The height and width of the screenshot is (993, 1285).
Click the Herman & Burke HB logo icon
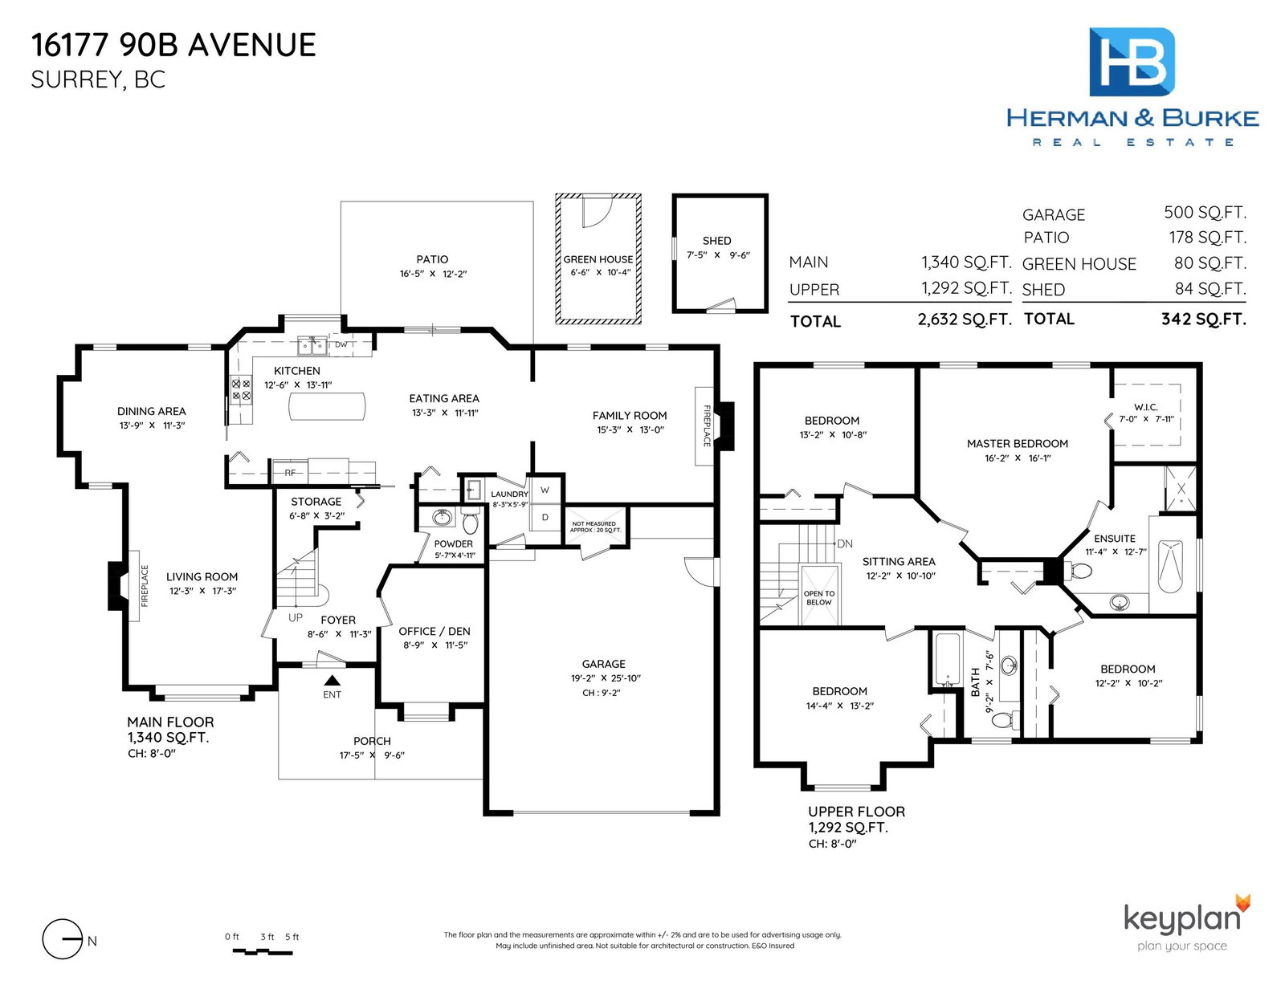point(1132,62)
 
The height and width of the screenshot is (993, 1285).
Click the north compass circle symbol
point(62,939)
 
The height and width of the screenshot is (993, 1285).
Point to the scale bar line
point(262,952)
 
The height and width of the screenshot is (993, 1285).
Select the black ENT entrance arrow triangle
point(332,680)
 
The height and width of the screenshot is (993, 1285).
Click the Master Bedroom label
point(1017,444)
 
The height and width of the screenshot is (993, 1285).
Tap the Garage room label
point(603,664)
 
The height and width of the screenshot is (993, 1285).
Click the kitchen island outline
point(327,407)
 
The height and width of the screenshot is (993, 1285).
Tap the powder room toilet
point(470,522)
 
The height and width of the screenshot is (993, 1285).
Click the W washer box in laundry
point(545,490)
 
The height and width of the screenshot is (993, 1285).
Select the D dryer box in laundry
point(545,518)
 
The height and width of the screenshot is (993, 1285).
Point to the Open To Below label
point(819,597)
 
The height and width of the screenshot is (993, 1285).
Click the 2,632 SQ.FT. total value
point(965,319)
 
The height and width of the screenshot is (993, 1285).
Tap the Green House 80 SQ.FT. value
point(1210,263)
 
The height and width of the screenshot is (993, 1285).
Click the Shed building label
point(716,241)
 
